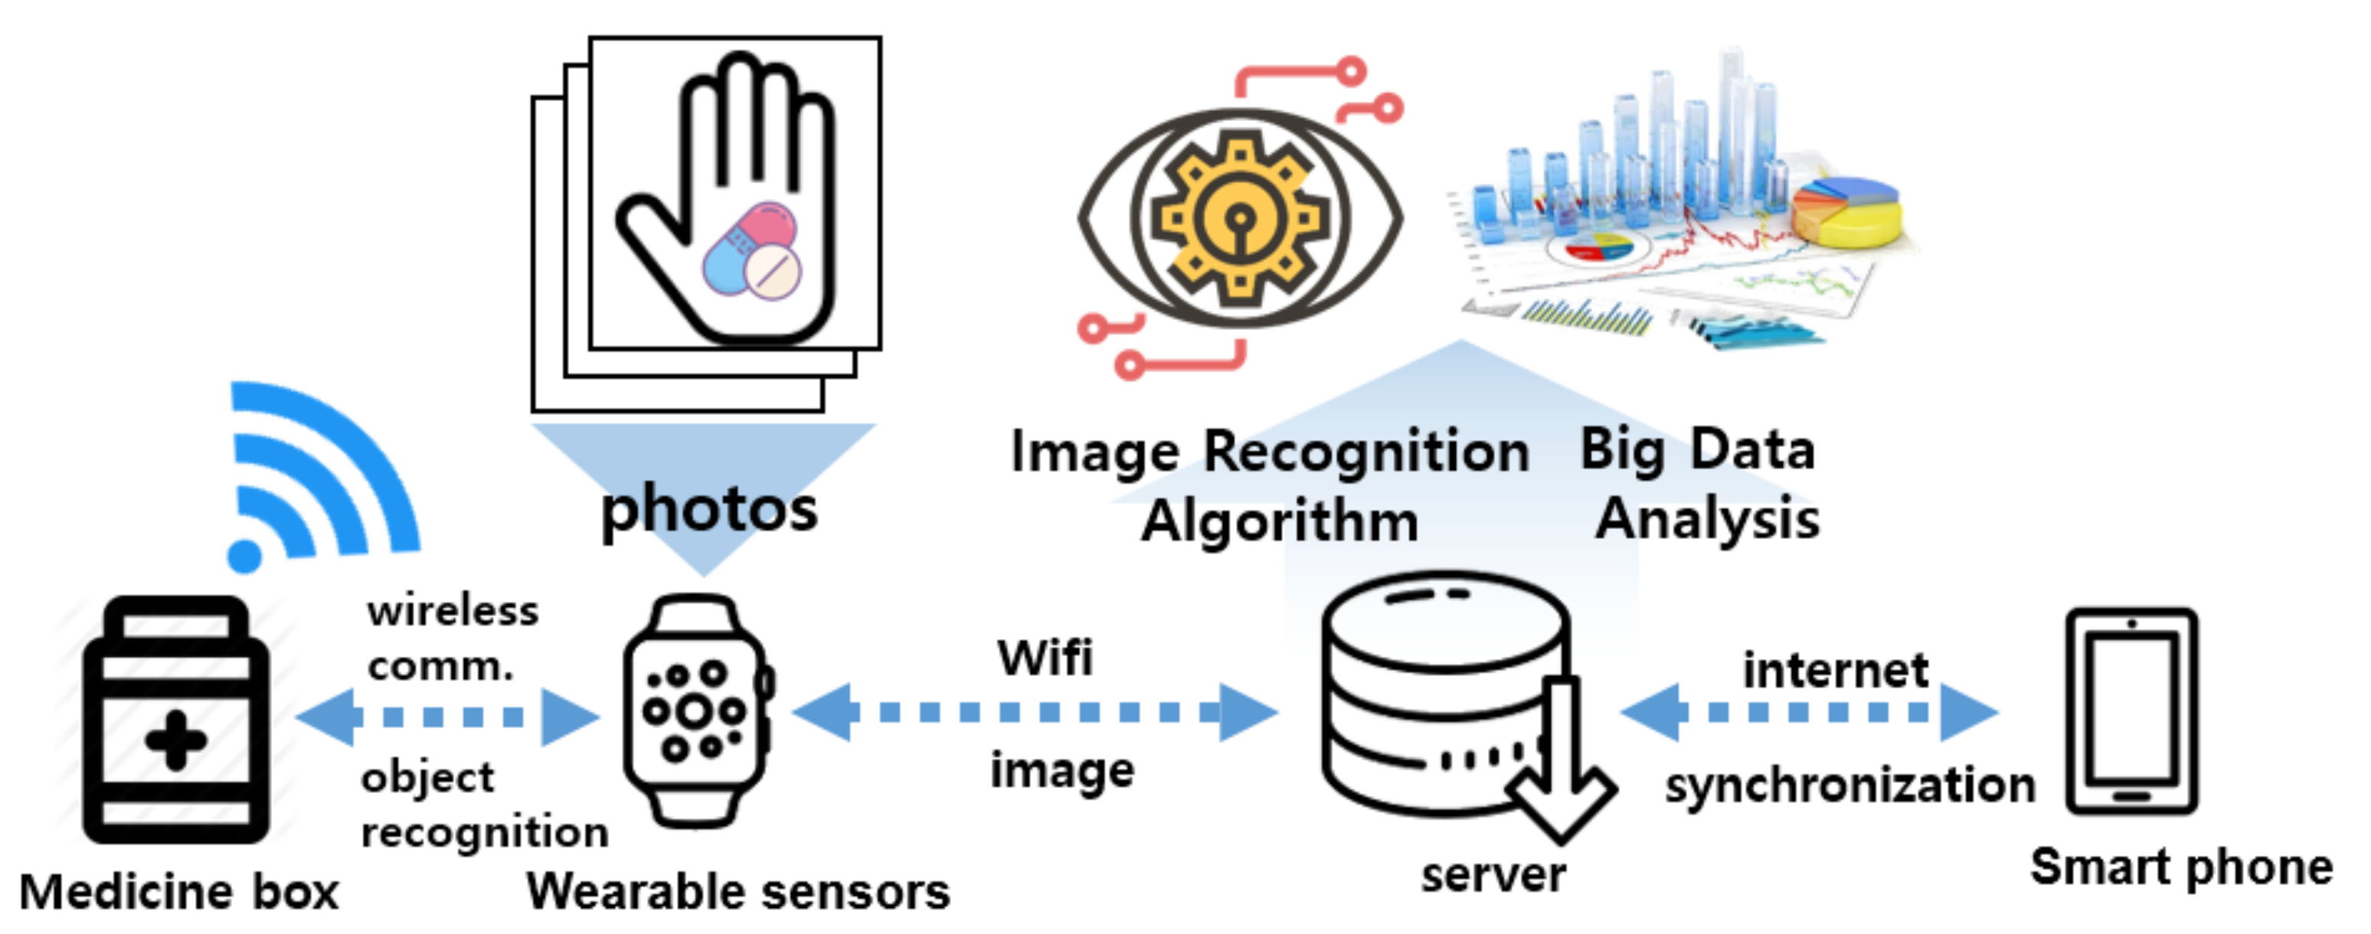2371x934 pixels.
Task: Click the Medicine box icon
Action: [175, 720]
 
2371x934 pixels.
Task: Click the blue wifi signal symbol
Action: [313, 478]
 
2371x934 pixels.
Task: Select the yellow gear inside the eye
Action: [1239, 219]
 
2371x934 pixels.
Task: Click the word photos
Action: [708, 509]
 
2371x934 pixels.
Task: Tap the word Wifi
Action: [1045, 657]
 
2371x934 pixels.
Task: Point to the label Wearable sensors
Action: [738, 891]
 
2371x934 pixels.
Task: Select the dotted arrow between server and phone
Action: [1809, 711]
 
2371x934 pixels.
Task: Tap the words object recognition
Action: [483, 805]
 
